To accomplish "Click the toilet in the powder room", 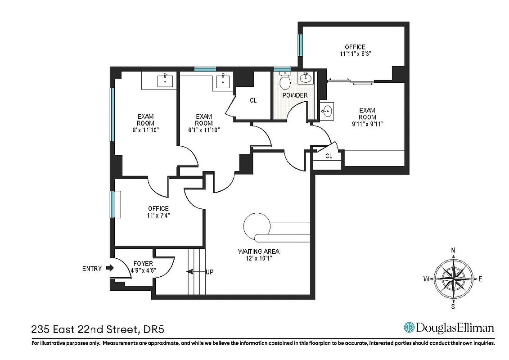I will pos(284,81).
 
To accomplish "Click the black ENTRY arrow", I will pos(109,268).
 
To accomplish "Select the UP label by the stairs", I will pos(209,272).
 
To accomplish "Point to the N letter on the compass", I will pos(453,250).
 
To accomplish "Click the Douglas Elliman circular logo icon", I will pos(409,327).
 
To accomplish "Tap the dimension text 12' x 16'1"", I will pos(259,258).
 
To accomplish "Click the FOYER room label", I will pos(144,264).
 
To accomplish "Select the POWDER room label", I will pos(295,95).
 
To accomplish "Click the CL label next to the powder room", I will pos(253,100).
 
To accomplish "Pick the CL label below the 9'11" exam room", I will pos(329,156).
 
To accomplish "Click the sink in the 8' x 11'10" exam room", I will pos(165,81).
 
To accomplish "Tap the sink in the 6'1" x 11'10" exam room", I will pos(223,81).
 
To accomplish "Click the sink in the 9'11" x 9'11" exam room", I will pos(326,110).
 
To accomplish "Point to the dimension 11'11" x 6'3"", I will pos(355,54).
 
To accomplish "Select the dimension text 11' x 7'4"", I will pos(158,215).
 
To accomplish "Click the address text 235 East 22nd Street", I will pos(84,329).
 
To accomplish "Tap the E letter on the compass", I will pos(480,279).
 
